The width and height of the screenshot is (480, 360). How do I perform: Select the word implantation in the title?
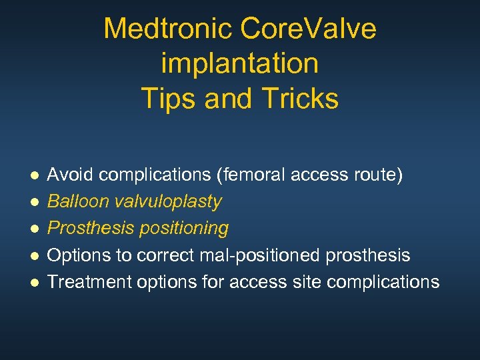[240, 63]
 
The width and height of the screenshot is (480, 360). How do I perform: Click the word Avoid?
[69, 175]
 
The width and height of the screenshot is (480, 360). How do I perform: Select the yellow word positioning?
[183, 228]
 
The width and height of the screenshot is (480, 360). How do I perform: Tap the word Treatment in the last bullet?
[89, 281]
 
